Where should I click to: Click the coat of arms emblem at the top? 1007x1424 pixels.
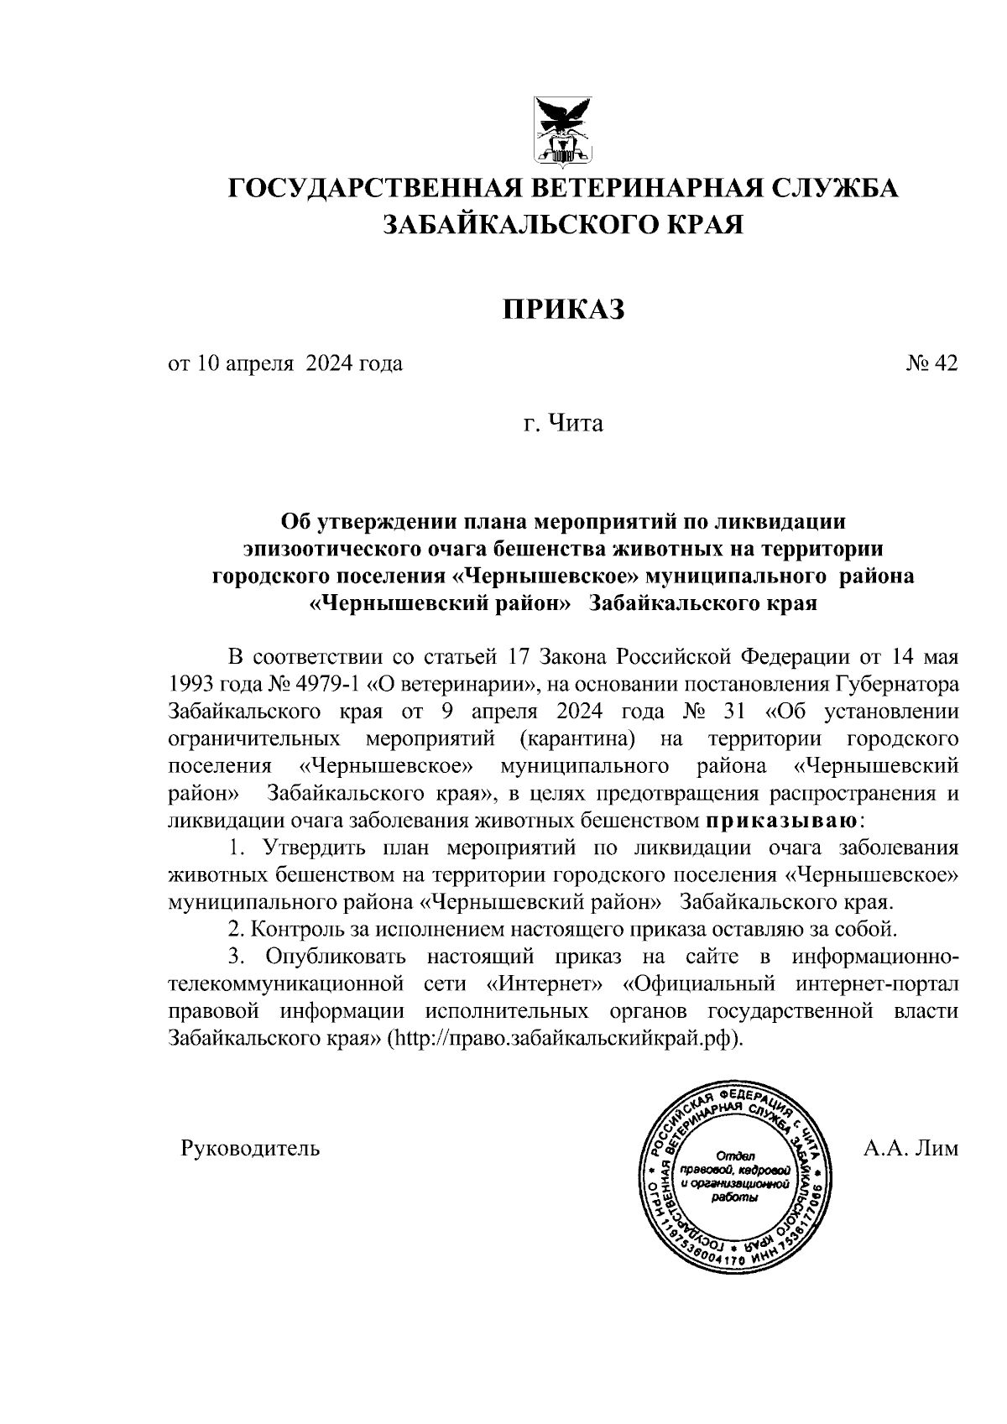click(x=563, y=130)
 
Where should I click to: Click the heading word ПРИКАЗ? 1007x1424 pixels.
click(x=564, y=310)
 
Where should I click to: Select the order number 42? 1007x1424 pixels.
click(x=945, y=363)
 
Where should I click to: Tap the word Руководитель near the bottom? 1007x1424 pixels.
click(x=250, y=1147)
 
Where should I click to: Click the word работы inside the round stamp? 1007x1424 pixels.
click(x=734, y=1197)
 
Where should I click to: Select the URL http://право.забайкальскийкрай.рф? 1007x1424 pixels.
click(x=565, y=1038)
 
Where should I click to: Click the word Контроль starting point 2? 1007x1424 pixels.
click(x=290, y=929)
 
